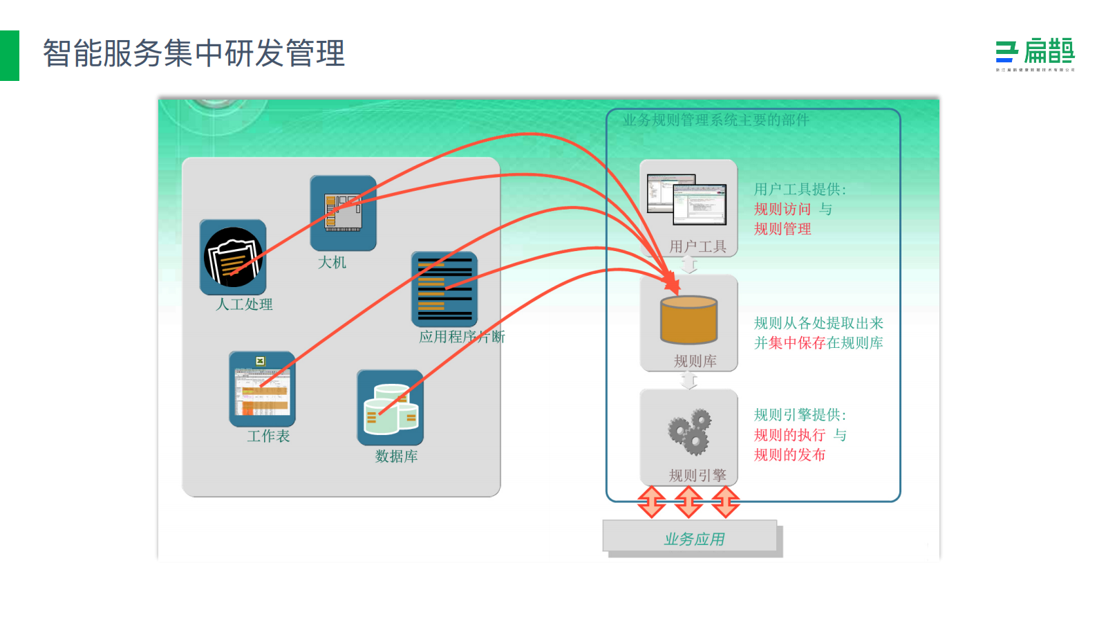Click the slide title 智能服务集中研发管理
coord(194,53)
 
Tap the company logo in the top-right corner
coord(1035,55)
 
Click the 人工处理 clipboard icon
coord(233,257)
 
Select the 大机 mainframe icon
coord(343,212)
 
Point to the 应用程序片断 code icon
coord(444,289)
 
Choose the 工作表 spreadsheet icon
coord(262,389)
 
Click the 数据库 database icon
coord(390,407)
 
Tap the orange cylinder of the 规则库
coord(688,320)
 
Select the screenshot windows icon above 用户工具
coord(687,199)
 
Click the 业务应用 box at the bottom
coord(692,538)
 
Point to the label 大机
coord(332,263)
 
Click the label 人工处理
coord(244,304)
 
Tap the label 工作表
coord(268,436)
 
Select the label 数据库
coord(396,456)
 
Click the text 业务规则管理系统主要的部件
coord(715,120)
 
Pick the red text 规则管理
coord(782,229)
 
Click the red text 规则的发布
coord(789,454)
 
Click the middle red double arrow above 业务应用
coord(688,501)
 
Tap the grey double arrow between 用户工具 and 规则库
coord(688,265)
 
